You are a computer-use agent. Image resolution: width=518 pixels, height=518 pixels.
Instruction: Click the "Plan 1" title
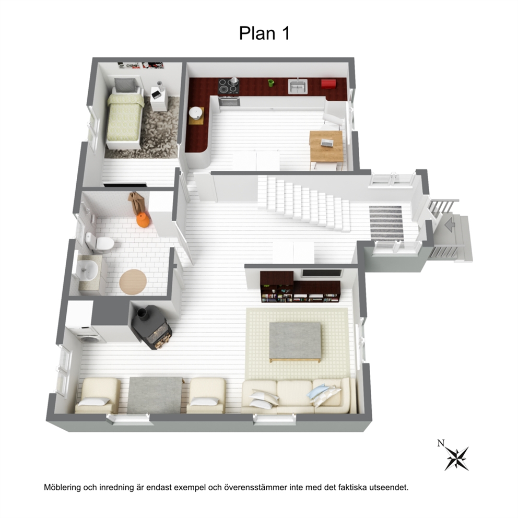pos(264,33)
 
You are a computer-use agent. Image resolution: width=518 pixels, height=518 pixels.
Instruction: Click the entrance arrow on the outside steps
pos(450,226)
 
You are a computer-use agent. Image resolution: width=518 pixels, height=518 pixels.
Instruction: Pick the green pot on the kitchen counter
pos(271,83)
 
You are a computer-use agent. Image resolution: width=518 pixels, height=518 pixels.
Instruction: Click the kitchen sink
pos(298,86)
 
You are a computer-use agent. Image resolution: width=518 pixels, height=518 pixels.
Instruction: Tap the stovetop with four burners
pos(229,87)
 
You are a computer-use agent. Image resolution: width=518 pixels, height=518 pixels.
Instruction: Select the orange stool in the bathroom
pos(144,220)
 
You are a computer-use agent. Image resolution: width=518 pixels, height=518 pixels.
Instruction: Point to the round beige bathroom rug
pos(133,281)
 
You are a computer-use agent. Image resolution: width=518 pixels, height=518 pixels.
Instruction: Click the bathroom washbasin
pos(87,270)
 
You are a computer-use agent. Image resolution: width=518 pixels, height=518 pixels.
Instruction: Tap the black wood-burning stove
pos(151,327)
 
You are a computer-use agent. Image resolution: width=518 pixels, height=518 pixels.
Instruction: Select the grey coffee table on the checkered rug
pos(295,342)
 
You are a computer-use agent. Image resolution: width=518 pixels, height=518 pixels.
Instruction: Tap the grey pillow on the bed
pos(125,85)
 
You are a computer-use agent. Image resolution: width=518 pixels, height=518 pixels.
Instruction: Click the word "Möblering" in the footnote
pos(63,487)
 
